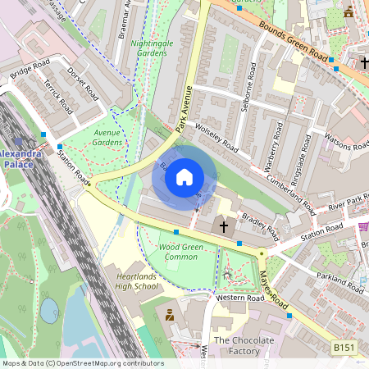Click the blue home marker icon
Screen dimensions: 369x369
(x=184, y=177)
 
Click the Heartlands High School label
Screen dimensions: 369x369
(x=131, y=281)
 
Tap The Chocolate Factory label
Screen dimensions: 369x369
(x=244, y=345)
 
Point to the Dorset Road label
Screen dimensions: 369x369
(x=83, y=83)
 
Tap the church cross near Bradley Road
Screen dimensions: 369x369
(x=223, y=225)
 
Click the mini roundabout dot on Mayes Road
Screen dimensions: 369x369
(x=262, y=254)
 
